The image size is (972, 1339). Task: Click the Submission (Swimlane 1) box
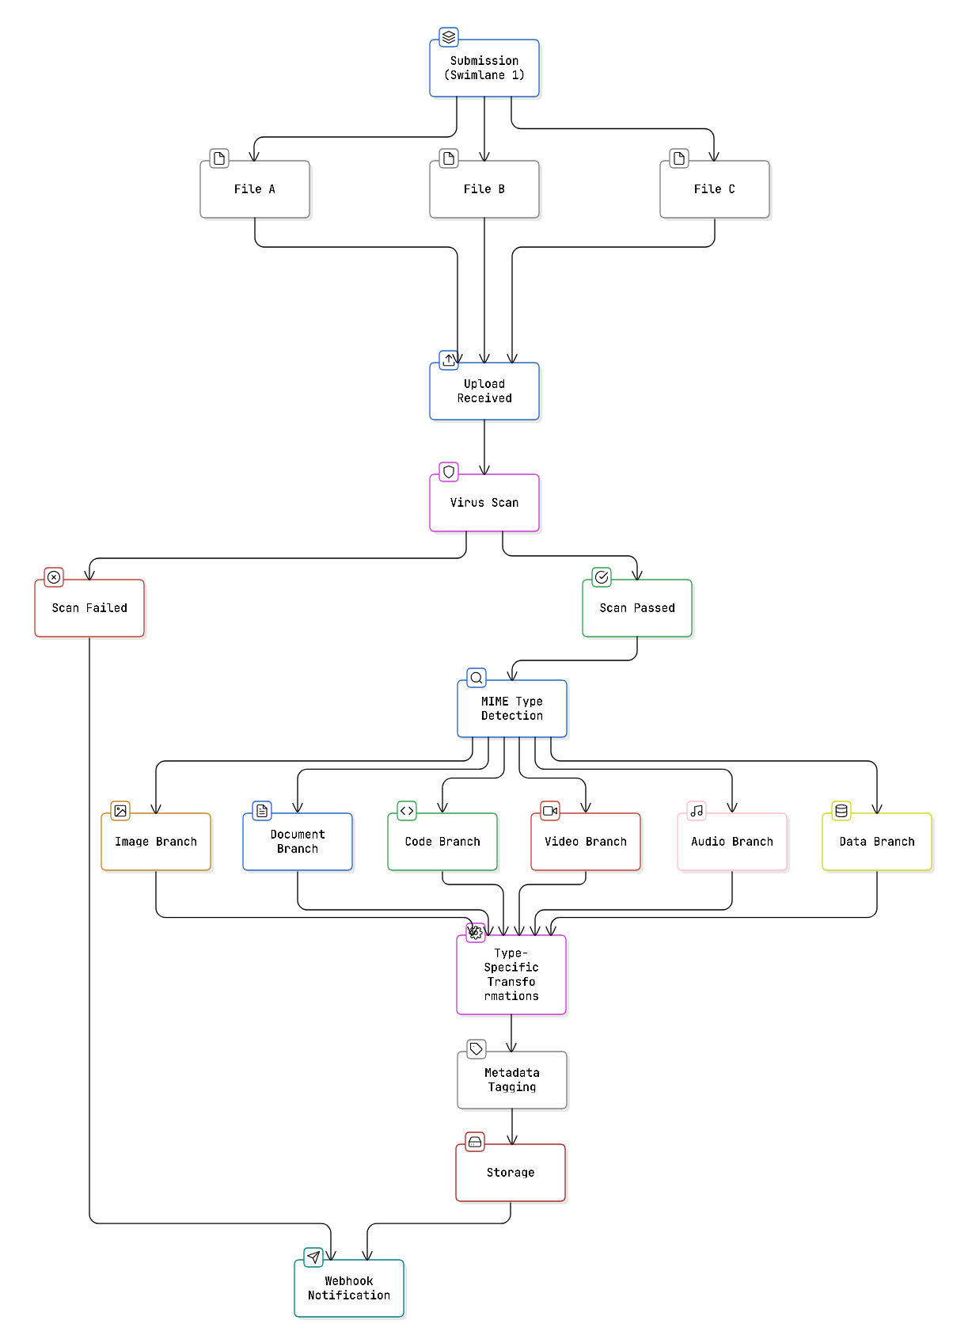pos(484,68)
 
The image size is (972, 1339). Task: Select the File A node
pos(255,189)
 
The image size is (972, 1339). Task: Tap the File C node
pos(715,189)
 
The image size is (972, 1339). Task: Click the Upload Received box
pos(484,391)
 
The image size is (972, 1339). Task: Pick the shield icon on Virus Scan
pos(449,472)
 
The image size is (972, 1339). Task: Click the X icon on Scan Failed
pos(54,577)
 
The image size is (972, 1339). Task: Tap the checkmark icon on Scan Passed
pos(602,577)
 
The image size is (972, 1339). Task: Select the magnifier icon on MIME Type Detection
pos(477,678)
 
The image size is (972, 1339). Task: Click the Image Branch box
pos(156,842)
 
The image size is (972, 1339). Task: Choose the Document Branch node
pos(298,842)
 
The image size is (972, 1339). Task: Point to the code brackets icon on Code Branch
pos(407,811)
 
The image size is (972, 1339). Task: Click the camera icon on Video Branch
pos(550,811)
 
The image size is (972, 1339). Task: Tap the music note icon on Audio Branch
pos(697,811)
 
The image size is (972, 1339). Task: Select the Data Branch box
pos(877,842)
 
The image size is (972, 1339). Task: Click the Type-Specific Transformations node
pos(511,975)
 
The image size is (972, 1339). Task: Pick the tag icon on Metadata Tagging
pos(477,1049)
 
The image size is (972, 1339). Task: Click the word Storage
pos(511,1173)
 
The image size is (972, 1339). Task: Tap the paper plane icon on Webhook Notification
pos(313,1257)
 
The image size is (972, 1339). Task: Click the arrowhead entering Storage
pos(512,1140)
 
